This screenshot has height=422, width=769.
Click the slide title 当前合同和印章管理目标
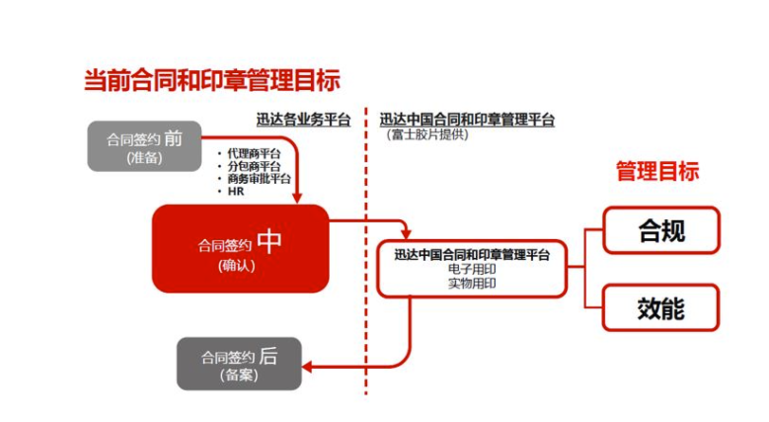211,81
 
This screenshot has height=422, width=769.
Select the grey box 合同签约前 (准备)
144,146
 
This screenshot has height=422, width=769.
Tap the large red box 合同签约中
240,248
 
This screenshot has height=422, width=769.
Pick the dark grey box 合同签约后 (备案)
239,363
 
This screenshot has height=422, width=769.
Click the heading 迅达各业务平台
302,120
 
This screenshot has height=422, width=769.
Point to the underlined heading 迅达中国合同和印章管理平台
467,120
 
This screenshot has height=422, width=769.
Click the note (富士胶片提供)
428,135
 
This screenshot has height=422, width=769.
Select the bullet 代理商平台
253,154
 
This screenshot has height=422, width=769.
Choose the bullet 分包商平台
253,166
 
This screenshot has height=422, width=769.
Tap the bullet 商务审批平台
258,178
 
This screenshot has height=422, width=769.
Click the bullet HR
236,191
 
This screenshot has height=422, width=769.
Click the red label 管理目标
657,172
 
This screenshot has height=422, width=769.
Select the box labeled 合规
661,230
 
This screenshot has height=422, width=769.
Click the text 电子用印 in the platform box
471,269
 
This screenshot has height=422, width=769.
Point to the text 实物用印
471,283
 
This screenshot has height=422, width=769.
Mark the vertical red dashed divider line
366,284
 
